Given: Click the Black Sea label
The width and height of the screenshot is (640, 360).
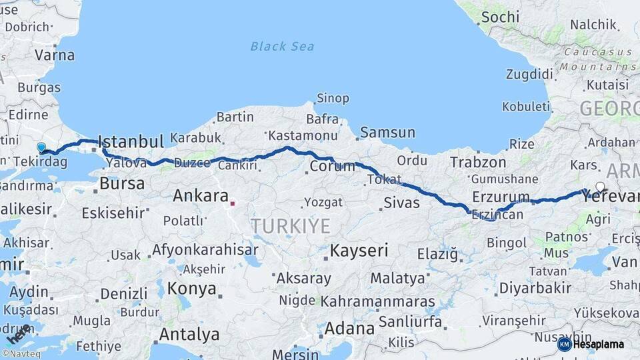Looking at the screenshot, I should [x=282, y=46].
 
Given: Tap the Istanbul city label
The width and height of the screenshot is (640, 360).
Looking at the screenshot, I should [x=130, y=141].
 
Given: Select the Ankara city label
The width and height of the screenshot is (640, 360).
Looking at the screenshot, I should [x=200, y=196].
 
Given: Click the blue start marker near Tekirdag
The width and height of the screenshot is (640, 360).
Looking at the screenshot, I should [x=41, y=147].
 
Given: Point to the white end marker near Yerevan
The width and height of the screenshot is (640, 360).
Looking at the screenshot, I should [x=600, y=187].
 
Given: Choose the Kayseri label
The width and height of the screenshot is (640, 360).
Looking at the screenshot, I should [x=359, y=251].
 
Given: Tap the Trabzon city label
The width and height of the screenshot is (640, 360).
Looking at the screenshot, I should [x=478, y=162].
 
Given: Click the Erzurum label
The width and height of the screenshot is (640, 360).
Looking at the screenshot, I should [x=500, y=197].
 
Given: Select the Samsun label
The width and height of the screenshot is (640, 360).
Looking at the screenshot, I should [x=388, y=133].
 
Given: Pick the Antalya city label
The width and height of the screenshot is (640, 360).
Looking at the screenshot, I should [x=190, y=333].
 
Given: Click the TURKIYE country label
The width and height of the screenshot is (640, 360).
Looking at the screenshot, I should [x=291, y=226].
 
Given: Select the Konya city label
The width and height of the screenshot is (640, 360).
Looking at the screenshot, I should [x=192, y=289].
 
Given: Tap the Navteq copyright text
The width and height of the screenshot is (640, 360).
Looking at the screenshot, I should [x=21, y=354].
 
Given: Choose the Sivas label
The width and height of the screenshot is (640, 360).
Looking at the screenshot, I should [x=401, y=203].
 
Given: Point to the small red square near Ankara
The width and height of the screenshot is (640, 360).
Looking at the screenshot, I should [x=232, y=203].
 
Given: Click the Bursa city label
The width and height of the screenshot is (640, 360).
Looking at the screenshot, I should [x=121, y=183].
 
